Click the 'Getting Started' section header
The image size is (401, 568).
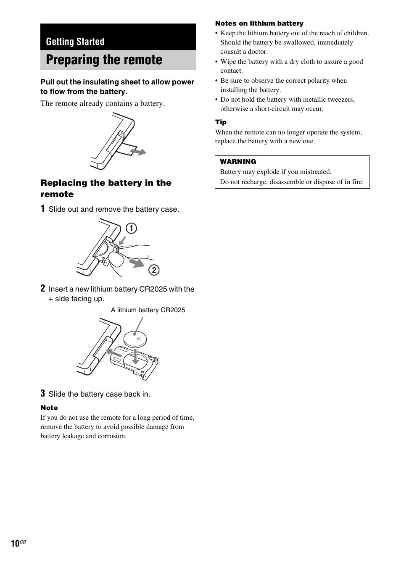(x=75, y=42)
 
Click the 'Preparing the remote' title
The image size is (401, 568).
(x=104, y=60)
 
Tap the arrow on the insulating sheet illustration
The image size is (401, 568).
(x=138, y=152)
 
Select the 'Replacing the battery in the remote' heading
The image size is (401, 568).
(x=106, y=188)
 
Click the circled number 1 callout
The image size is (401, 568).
(x=131, y=229)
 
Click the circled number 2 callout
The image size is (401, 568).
(x=154, y=270)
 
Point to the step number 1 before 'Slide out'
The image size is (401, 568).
(x=43, y=209)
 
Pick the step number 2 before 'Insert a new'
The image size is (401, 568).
(x=43, y=289)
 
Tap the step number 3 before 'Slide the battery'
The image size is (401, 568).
(x=43, y=394)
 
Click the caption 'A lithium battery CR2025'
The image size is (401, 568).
(x=148, y=310)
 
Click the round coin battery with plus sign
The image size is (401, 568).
(x=135, y=339)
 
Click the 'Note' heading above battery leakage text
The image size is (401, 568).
(x=49, y=408)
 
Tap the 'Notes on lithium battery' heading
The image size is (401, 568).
(x=259, y=24)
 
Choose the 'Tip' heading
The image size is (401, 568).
(x=221, y=122)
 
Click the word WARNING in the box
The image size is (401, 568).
(x=238, y=162)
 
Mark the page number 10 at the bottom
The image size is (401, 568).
(x=15, y=544)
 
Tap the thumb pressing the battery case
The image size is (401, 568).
(x=116, y=259)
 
